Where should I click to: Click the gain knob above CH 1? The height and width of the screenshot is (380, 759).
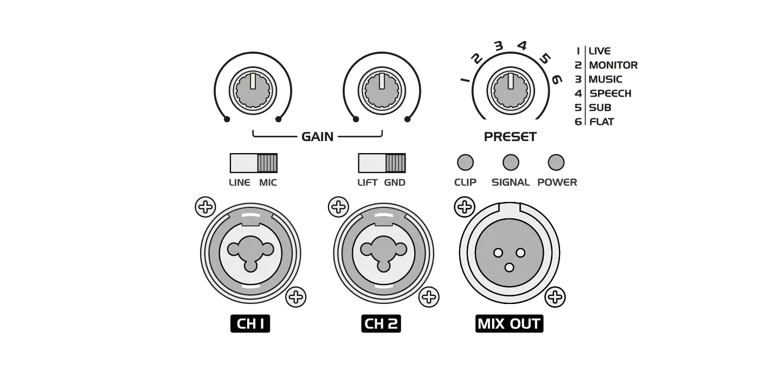click(253, 90)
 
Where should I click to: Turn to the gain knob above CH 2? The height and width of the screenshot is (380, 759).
click(382, 90)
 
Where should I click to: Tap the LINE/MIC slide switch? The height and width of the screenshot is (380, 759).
click(253, 163)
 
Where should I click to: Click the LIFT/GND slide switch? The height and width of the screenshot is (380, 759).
click(382, 163)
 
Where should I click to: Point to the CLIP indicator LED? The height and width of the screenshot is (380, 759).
click(465, 162)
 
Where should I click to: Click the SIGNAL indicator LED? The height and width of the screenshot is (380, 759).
click(511, 162)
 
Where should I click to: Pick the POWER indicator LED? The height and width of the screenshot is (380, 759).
click(556, 162)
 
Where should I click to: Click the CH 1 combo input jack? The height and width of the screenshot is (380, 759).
click(250, 253)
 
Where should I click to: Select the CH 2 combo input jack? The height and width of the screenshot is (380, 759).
click(384, 253)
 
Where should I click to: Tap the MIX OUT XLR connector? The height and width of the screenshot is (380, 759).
click(510, 253)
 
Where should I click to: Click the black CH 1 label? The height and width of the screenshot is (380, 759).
click(250, 324)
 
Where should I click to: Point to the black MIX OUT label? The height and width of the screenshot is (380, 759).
click(510, 324)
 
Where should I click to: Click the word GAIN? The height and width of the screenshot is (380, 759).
click(318, 136)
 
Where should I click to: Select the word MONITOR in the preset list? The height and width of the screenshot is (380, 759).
click(613, 65)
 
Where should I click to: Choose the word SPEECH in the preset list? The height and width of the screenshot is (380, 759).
click(610, 93)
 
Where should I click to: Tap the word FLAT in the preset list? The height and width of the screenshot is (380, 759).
click(602, 122)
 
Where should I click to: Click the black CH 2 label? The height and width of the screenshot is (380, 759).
click(381, 324)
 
